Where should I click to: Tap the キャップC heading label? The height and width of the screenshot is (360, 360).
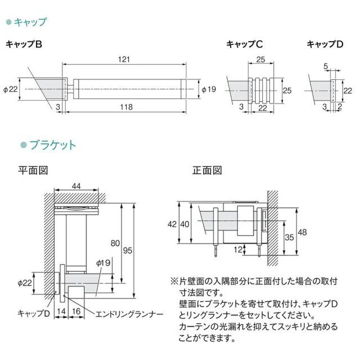click(x=245, y=44)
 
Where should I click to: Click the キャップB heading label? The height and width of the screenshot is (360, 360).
click(x=24, y=44)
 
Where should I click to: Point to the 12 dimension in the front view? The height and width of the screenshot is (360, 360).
click(x=238, y=248)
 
